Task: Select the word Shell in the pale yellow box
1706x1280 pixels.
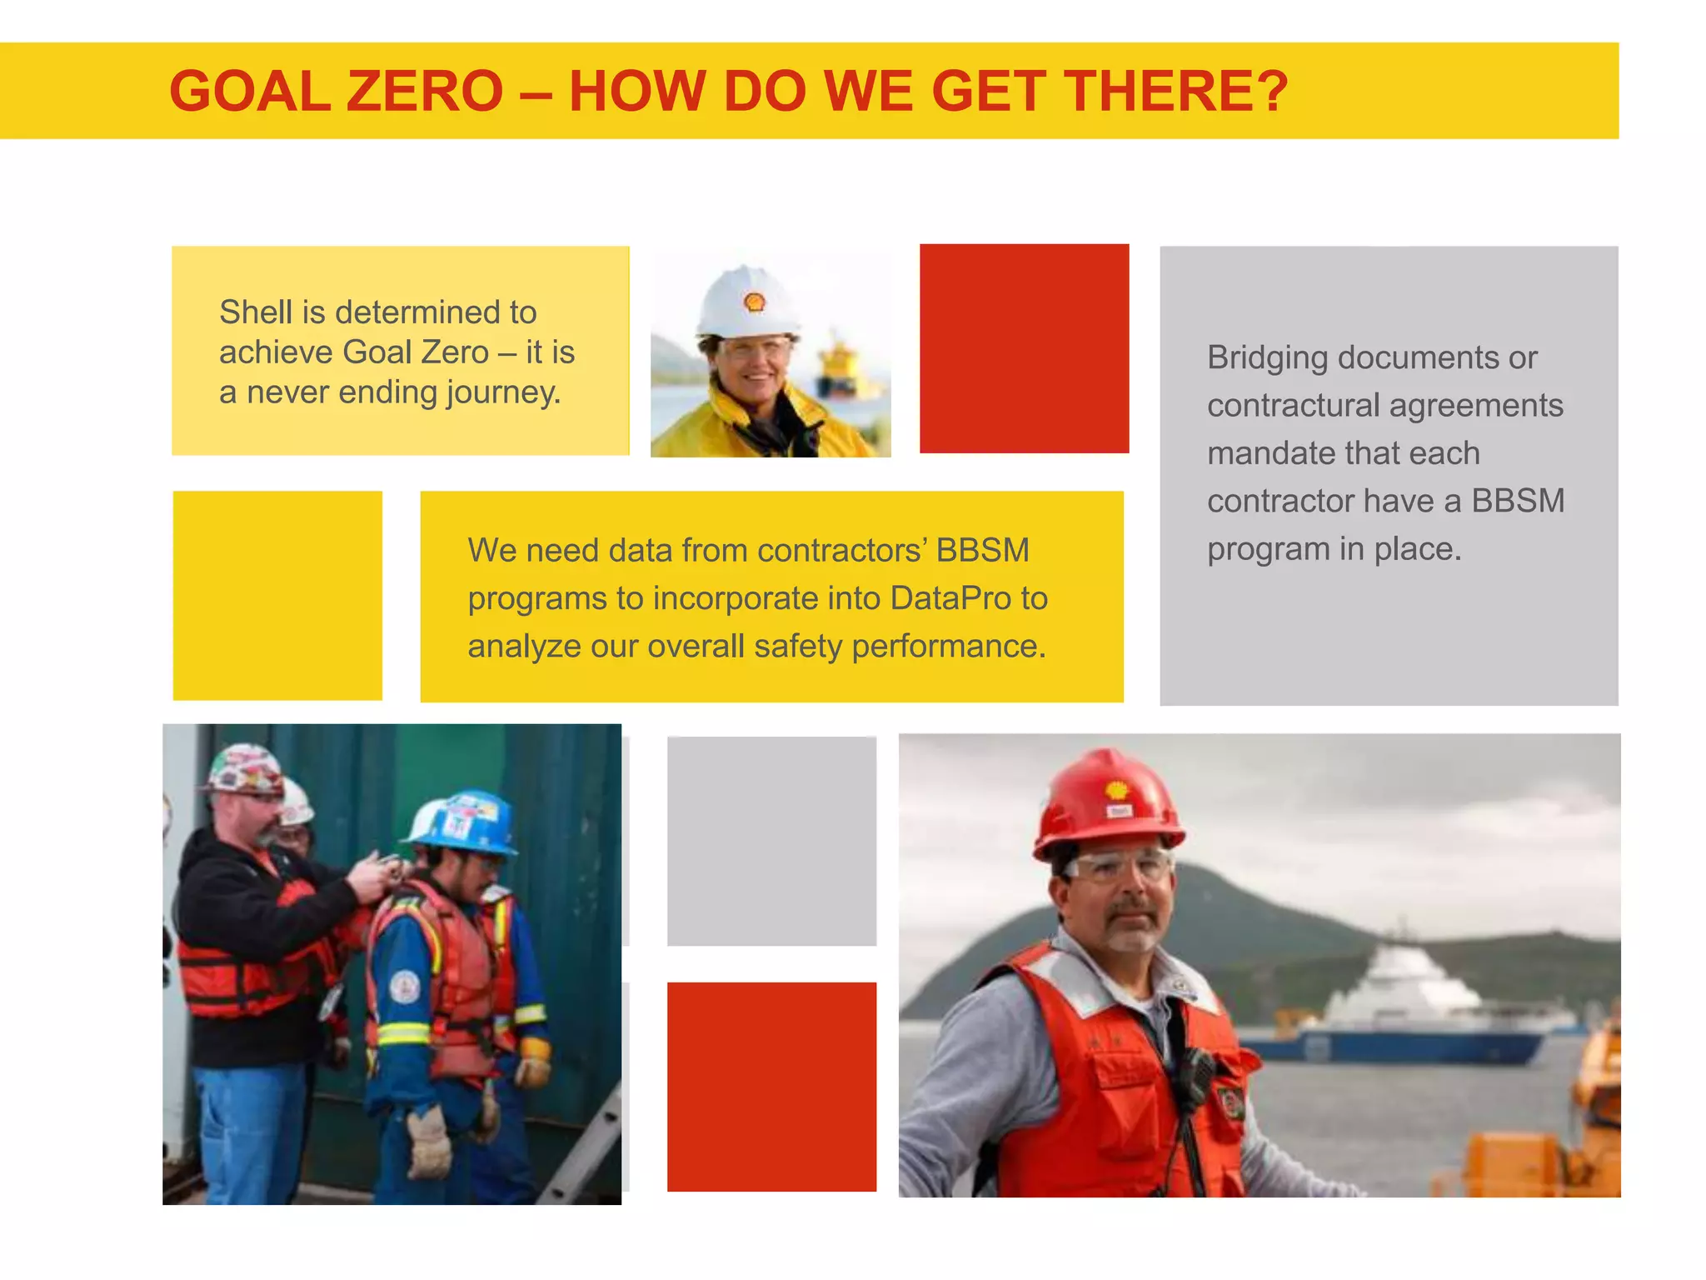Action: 256,312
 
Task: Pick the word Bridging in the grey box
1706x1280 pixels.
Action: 1267,357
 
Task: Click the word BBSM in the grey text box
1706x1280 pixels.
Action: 1518,501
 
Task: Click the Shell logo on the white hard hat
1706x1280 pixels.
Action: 755,302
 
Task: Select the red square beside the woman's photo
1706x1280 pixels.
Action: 1024,348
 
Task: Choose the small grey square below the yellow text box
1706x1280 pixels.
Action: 771,841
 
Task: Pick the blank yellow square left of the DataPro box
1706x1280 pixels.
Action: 277,595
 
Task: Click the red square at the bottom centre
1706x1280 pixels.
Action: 771,1086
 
